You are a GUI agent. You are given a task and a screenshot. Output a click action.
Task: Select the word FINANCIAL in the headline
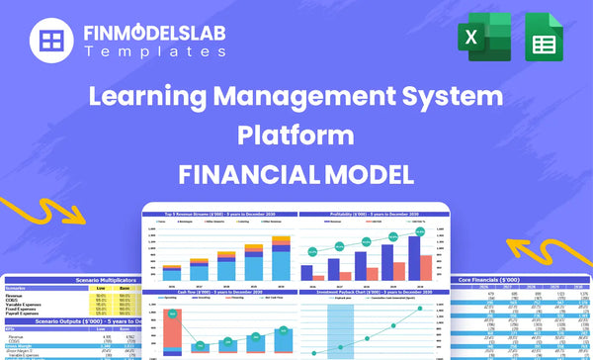coord(241,171)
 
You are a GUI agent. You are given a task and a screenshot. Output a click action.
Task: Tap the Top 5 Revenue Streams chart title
coord(220,215)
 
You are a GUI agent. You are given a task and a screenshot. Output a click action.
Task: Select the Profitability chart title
coord(369,215)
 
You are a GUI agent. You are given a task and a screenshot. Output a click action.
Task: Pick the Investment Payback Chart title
coord(369,292)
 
